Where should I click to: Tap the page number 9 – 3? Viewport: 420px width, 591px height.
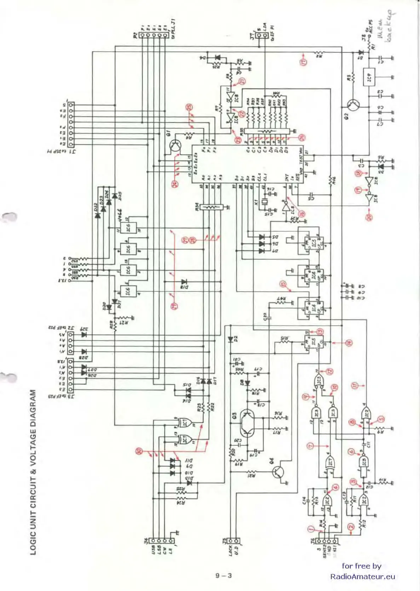click(224, 575)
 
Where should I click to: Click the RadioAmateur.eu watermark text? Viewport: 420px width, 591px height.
click(362, 576)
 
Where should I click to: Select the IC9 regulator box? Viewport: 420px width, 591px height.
click(369, 77)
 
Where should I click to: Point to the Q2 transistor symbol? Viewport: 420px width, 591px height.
click(353, 105)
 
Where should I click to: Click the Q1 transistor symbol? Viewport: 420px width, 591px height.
click(175, 145)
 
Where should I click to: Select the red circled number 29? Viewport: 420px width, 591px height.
click(175, 306)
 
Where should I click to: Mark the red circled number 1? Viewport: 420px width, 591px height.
click(311, 529)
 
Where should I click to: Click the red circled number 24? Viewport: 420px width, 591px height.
click(175, 183)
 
